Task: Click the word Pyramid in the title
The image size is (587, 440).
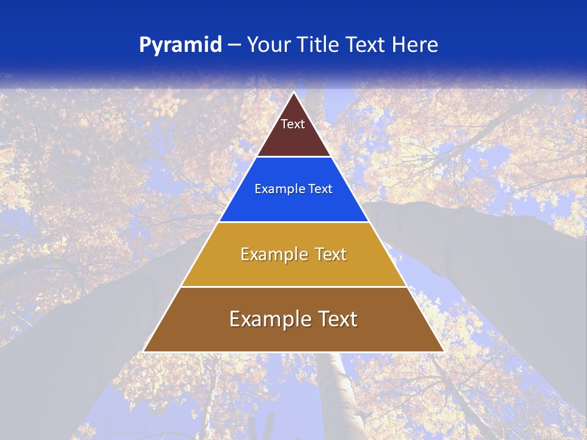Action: (x=180, y=45)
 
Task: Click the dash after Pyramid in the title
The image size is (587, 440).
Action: (x=234, y=45)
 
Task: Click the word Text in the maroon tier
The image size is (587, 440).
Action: (x=293, y=124)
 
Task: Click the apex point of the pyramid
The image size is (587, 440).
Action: (x=293, y=93)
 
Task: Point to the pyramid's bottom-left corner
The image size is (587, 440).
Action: (x=144, y=351)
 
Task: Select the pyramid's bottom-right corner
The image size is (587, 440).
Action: (x=443, y=351)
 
